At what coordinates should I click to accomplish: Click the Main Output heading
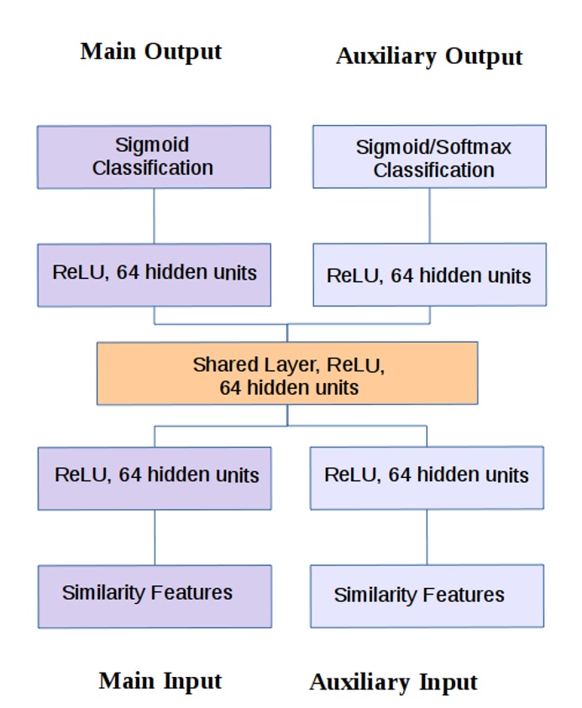pyautogui.click(x=151, y=51)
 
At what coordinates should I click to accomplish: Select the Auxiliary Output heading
pyautogui.click(x=429, y=57)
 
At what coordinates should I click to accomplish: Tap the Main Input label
pyautogui.click(x=160, y=681)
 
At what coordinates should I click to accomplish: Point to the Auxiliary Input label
pyautogui.click(x=393, y=682)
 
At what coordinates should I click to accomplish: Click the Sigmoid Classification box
pyautogui.click(x=154, y=157)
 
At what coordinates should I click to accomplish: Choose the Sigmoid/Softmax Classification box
pyautogui.click(x=429, y=156)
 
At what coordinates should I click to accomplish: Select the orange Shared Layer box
pyautogui.click(x=287, y=373)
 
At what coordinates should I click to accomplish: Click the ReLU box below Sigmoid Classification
pyautogui.click(x=155, y=275)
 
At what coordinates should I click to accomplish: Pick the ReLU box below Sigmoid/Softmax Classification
pyautogui.click(x=430, y=275)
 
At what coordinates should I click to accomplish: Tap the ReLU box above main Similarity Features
pyautogui.click(x=155, y=478)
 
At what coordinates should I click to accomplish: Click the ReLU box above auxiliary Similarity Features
pyautogui.click(x=427, y=478)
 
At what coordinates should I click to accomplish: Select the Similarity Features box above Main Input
pyautogui.click(x=155, y=596)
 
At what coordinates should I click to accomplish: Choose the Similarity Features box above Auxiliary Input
pyautogui.click(x=427, y=595)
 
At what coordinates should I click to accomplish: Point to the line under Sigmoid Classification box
pyautogui.click(x=154, y=216)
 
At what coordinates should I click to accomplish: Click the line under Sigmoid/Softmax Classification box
pyautogui.click(x=429, y=215)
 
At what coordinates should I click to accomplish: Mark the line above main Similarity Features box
pyautogui.click(x=155, y=538)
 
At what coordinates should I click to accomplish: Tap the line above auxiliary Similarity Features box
pyautogui.click(x=427, y=537)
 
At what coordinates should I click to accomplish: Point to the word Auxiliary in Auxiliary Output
pyautogui.click(x=386, y=56)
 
